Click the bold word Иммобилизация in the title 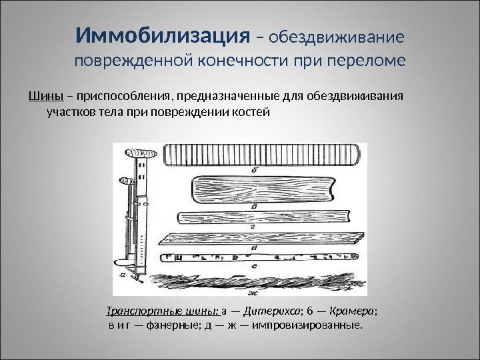161,34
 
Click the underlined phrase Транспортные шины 163,311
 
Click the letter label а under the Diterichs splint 121,273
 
